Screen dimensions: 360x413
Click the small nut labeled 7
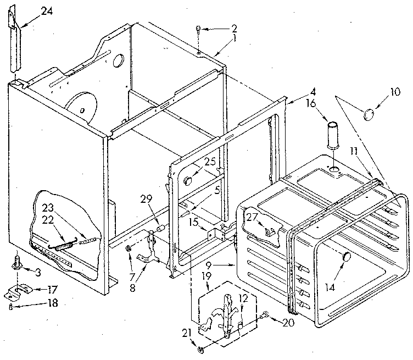(x=127, y=251)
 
